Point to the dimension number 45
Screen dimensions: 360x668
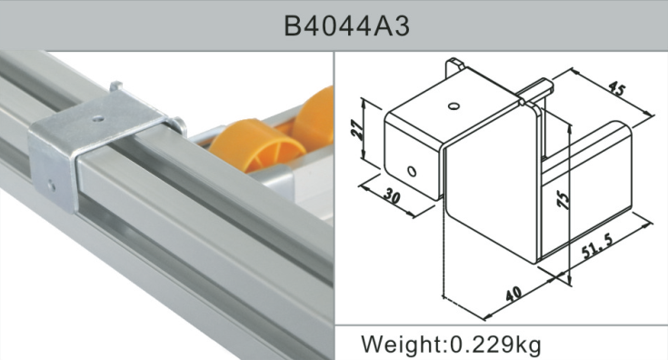tap(617, 90)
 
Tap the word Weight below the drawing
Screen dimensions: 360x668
tap(401, 345)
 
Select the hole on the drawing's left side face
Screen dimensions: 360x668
tap(412, 170)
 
